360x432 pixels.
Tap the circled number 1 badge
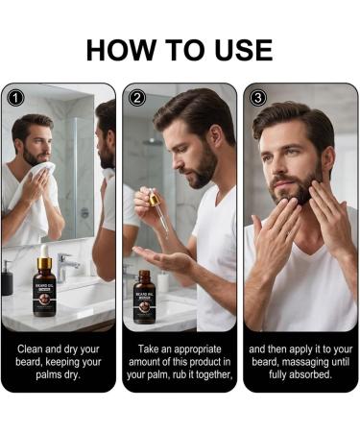[14, 97]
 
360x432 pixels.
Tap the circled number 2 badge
[136, 97]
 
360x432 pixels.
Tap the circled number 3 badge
[257, 97]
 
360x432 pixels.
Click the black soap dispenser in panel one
[8, 278]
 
